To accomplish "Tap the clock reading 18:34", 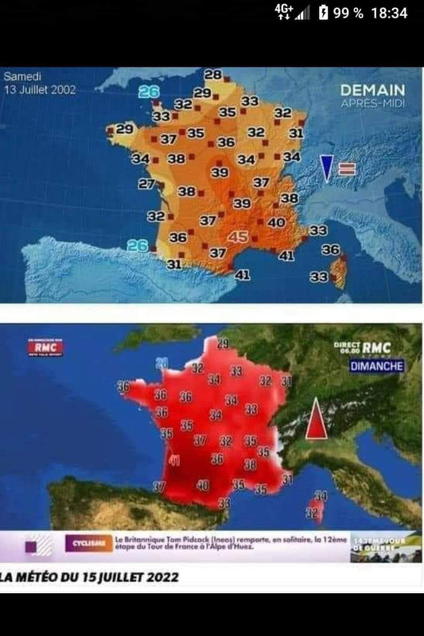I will coord(389,13).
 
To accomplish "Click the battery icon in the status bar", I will coord(324,13).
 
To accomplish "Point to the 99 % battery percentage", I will coord(349,13).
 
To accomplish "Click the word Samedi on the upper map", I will coord(21,76).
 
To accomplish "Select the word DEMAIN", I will coord(372,91).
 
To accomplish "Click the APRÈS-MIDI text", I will coord(372,105).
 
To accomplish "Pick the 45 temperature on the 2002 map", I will coord(238,237).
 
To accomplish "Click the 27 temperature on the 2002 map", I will coord(146,184).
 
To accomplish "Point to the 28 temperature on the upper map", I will coord(212,75).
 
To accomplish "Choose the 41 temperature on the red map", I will coord(174,461).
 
